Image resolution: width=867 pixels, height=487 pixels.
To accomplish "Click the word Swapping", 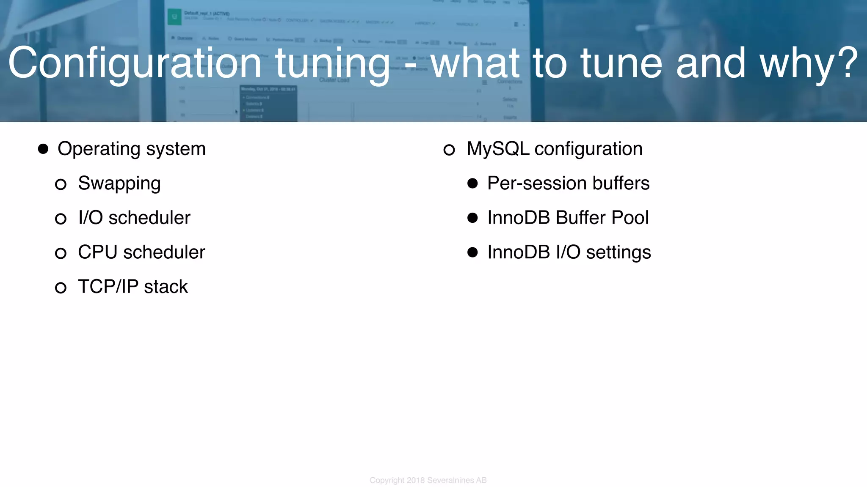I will [119, 184].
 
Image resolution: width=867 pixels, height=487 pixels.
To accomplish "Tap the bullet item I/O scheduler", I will [134, 218].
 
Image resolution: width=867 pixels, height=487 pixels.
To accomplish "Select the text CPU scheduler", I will [141, 252].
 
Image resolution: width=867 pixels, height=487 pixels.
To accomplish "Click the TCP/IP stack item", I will [133, 287].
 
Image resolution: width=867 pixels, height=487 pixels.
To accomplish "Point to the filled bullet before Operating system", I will [43, 149].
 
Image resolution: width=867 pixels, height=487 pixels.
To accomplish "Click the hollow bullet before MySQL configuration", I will [449, 150].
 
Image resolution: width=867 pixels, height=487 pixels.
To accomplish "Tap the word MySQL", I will [498, 149].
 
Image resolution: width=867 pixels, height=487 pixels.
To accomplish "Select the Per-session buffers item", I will [568, 183].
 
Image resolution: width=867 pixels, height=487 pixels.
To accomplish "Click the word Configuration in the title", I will [135, 63].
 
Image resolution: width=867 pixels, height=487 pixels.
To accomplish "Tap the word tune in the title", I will [621, 63].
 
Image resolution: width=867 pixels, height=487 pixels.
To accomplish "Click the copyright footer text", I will [428, 480].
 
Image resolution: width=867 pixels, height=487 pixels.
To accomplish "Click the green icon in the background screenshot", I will [174, 17].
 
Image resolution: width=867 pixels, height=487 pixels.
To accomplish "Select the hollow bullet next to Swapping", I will [61, 184].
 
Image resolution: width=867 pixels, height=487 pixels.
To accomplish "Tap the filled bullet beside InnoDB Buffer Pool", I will [472, 218].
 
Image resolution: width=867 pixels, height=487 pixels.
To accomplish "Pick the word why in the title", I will [796, 63].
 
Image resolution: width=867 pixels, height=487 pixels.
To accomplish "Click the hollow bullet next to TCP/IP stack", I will [61, 288].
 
